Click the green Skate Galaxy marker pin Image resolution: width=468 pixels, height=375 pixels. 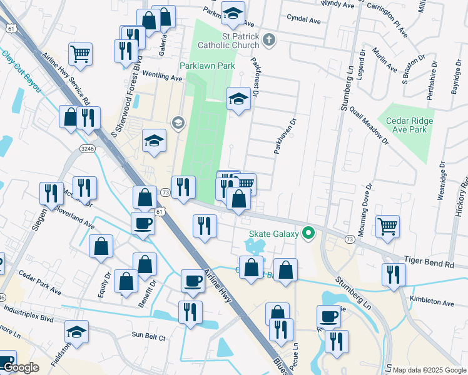pos(308,234)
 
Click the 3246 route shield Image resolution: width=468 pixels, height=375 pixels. pos(87,148)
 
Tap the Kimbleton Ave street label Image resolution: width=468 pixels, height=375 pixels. pos(432,302)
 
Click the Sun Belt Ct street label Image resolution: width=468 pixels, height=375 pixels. pos(148,337)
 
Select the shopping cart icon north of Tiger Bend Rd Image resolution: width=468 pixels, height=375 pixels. pos(388,226)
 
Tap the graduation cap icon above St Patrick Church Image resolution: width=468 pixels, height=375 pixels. pos(233,13)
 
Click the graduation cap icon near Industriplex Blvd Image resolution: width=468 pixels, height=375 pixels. pos(76,332)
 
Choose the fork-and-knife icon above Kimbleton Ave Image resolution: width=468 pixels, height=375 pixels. pos(394,273)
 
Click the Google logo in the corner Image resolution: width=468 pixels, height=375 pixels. pos(21,368)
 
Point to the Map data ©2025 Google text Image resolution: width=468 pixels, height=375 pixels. pos(429,370)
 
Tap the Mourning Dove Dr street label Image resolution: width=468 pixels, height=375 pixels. pos(364,206)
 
